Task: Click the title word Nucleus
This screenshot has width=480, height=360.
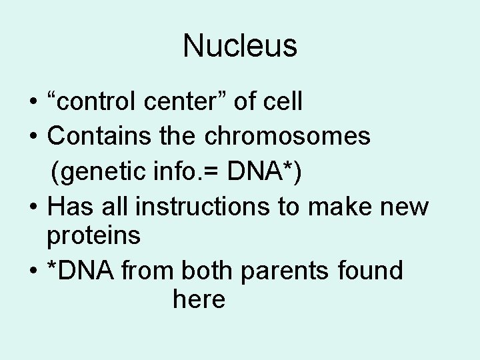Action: [240, 46]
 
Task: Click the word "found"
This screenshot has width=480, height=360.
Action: [370, 271]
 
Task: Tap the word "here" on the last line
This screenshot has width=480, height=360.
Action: [199, 299]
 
